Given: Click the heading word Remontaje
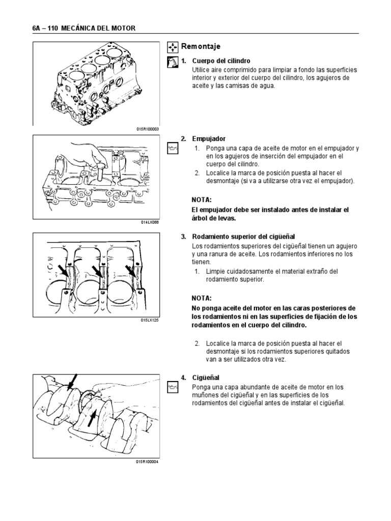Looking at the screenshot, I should [x=204, y=47].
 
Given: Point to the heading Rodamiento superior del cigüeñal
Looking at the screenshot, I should [x=244, y=237].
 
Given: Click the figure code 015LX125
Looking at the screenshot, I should [x=150, y=320].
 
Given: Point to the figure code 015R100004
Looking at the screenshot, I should [x=147, y=461].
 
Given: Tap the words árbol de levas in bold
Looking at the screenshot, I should [x=213, y=218].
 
